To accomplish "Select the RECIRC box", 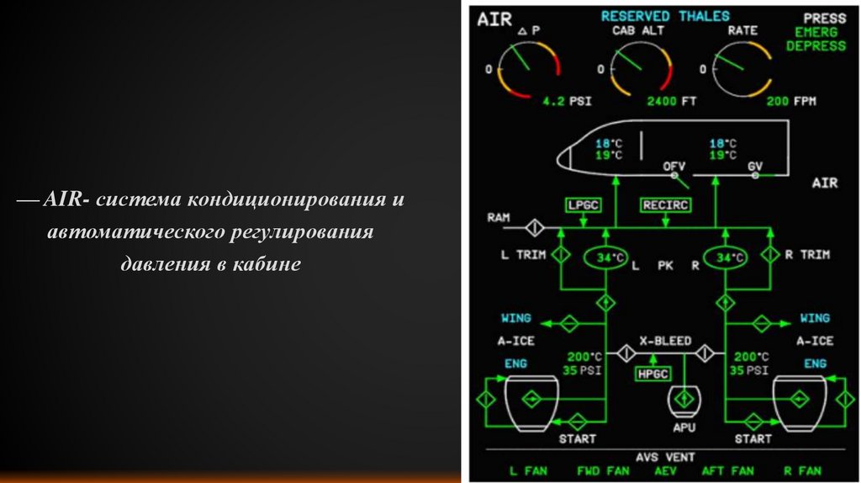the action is [x=665, y=204].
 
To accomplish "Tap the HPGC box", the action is [x=652, y=374].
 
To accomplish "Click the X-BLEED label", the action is [x=665, y=341].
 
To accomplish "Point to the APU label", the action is [x=681, y=427].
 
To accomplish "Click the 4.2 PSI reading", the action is [x=567, y=101].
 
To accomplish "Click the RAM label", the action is [x=499, y=217].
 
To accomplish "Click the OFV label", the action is [x=673, y=166].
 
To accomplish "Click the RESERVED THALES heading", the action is [x=665, y=16].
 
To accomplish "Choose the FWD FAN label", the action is [x=604, y=471].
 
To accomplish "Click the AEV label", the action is [x=664, y=471].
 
